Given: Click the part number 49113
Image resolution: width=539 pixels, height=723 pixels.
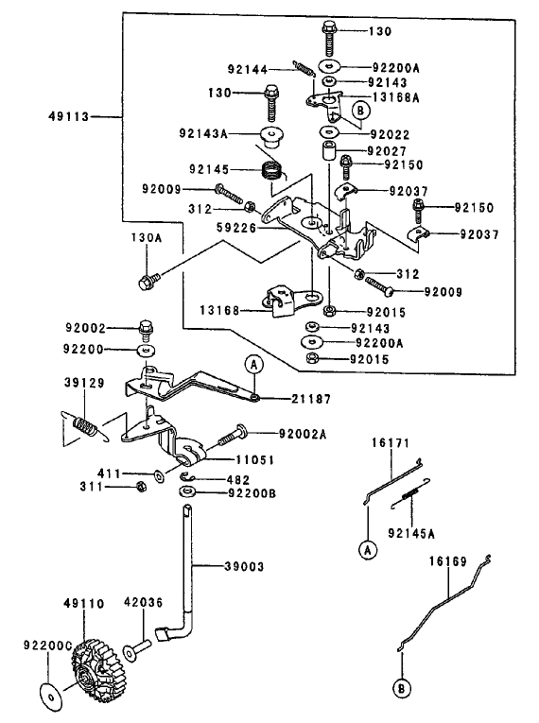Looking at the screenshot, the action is pos(69,116).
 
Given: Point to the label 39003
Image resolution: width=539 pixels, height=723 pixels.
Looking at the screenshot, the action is pos(244,566).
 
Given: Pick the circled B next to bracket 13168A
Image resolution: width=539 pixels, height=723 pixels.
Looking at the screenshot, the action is pos(361,111).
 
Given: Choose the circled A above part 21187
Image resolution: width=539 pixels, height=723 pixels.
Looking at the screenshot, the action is pos(253,365).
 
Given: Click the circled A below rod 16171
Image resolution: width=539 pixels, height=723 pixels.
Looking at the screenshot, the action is pos(368,550).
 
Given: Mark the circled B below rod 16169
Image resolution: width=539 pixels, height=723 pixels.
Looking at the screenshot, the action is pos(402,689).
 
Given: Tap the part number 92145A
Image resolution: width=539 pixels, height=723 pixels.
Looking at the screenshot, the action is pos(411,533).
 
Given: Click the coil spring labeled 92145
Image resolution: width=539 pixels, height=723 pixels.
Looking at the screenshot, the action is pos(272,171).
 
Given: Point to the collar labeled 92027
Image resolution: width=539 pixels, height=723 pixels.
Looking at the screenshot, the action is pos(327,151).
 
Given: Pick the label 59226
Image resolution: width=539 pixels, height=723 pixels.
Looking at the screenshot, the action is pos(236,228).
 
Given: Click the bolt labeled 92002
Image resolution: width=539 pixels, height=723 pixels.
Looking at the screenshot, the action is pos(146,330).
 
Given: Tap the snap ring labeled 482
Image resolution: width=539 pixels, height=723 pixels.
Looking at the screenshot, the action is pos(188,477).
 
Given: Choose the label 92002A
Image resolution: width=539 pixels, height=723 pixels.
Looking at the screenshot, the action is pos(303,434).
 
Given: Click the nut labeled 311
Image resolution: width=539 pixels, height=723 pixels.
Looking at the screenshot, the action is pos(142,486).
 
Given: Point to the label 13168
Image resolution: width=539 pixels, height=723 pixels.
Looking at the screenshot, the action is pos(219,310).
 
